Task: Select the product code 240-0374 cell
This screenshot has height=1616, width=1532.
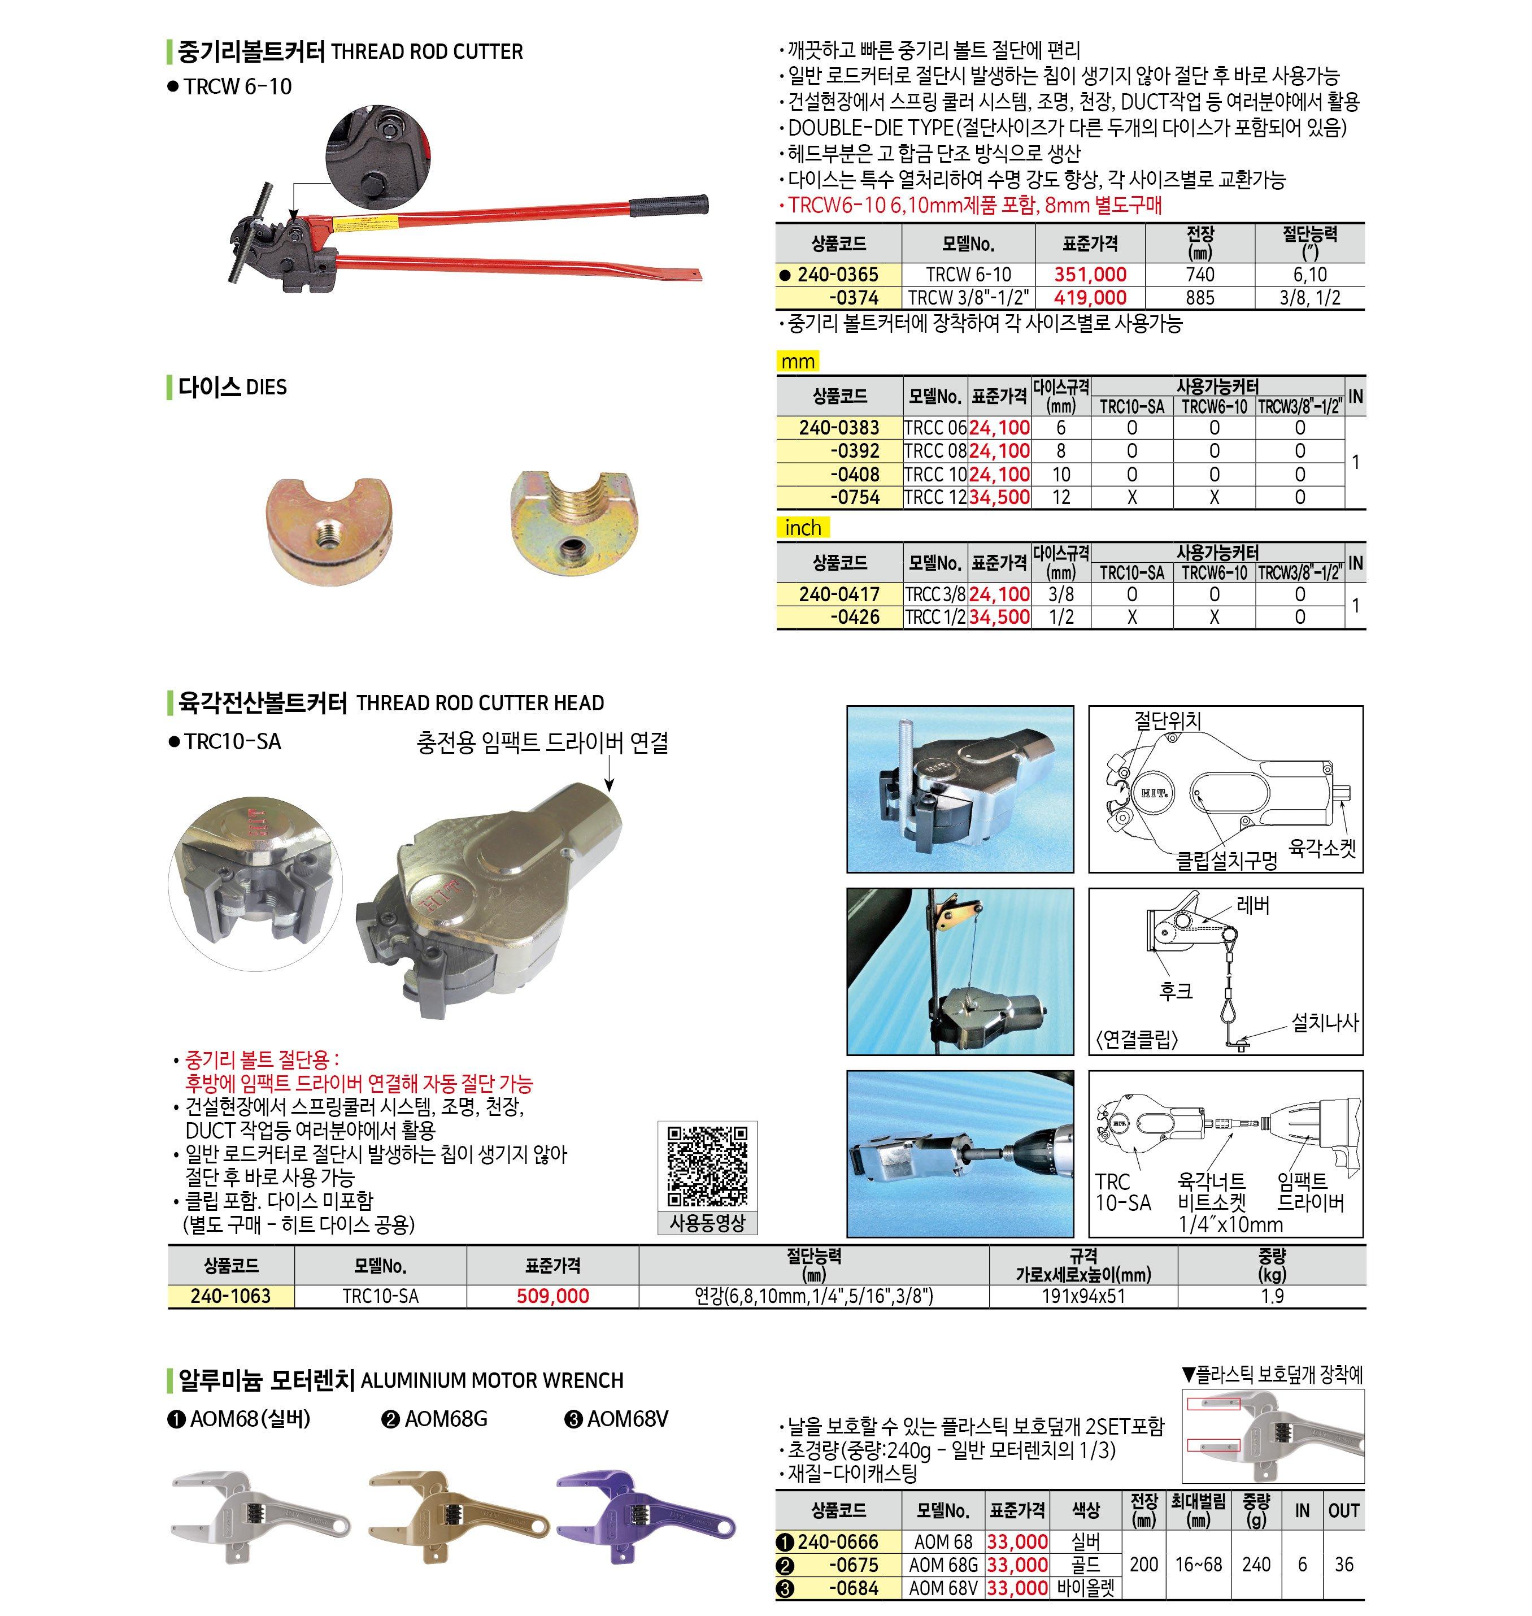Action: click(839, 297)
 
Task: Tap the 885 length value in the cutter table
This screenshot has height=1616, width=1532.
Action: click(1200, 297)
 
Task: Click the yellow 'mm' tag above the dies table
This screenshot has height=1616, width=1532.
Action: click(798, 361)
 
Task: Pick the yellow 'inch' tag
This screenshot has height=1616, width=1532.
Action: click(803, 528)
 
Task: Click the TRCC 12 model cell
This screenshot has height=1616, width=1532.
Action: click(935, 497)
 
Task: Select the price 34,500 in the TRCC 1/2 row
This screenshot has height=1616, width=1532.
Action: click(999, 617)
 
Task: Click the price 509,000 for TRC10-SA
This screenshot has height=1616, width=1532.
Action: click(553, 1296)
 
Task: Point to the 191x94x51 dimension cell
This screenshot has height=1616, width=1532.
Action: click(1083, 1296)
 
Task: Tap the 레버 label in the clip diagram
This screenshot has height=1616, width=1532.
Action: click(1253, 905)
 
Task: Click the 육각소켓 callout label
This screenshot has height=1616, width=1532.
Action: click(1321, 847)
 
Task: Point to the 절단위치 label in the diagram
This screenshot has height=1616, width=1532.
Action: click(1167, 720)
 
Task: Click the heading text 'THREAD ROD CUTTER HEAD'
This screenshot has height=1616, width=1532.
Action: click(480, 702)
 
